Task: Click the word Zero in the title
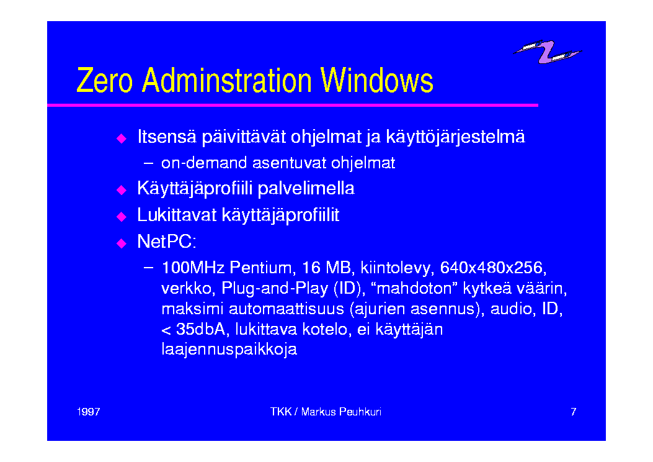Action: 105,80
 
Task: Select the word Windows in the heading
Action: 377,80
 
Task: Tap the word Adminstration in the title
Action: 226,80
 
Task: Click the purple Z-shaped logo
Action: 547,52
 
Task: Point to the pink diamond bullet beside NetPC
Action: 122,243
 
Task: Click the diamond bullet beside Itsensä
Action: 122,138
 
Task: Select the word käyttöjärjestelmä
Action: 456,137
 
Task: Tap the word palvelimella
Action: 306,189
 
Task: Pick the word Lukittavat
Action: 177,215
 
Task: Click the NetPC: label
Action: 167,242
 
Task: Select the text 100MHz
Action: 193,267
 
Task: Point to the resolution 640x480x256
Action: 493,268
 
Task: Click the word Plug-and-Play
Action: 275,288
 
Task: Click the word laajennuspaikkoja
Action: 229,350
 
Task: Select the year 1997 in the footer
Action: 89,412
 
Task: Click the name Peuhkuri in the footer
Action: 360,412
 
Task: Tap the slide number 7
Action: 574,412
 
